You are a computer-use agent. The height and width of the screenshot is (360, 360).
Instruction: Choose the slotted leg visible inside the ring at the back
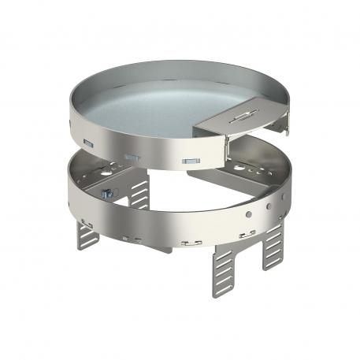coord(141,191)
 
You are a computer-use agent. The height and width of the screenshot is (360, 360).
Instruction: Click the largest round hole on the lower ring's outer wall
coord(246,214)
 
